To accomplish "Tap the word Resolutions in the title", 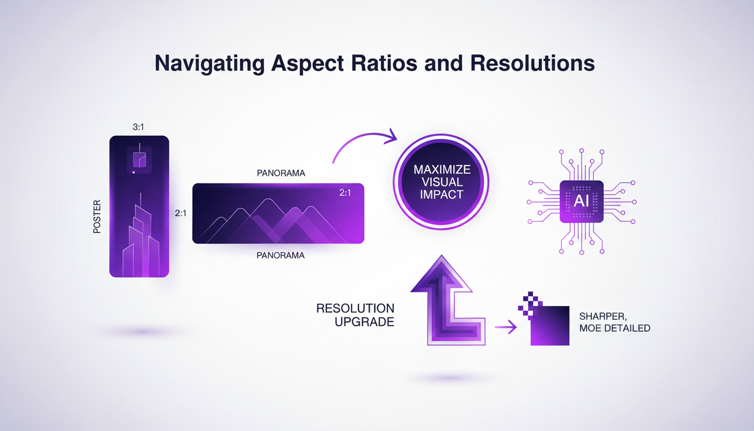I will [x=532, y=63].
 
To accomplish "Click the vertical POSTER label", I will [x=98, y=216].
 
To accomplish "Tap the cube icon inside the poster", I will [x=139, y=161].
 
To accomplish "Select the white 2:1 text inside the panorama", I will [x=346, y=192].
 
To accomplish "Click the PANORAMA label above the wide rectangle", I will [x=281, y=173].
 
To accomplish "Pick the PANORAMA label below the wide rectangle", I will [x=281, y=255].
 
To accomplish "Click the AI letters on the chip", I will [x=581, y=201].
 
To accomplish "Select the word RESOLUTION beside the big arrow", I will [x=355, y=309].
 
